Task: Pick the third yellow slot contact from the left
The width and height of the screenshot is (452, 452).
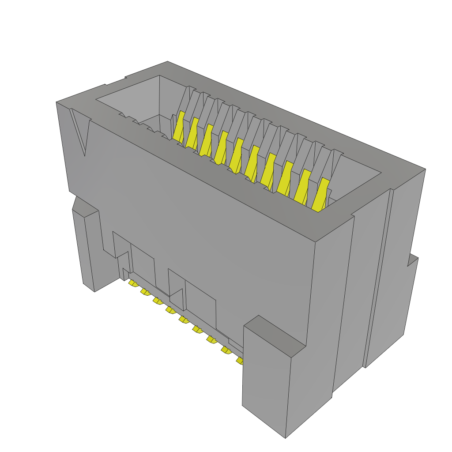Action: pyautogui.click(x=206, y=140)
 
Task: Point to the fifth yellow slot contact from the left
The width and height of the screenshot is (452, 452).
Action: pyautogui.click(x=237, y=154)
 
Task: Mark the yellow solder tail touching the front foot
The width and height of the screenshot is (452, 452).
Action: pyautogui.click(x=240, y=361)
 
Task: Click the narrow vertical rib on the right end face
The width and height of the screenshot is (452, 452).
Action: pyautogui.click(x=379, y=278)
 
